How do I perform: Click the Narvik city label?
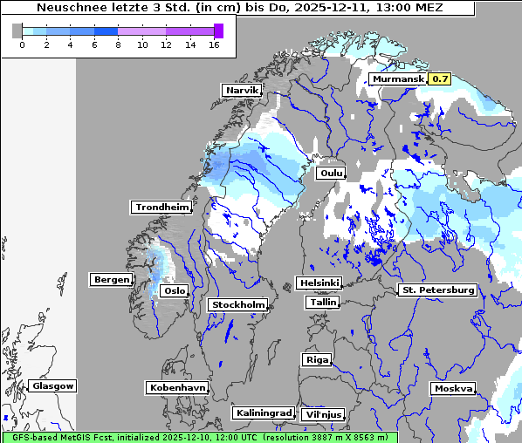[x=243, y=91]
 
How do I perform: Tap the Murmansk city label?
[x=398, y=79]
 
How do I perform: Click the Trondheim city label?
[x=161, y=207]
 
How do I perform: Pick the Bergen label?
[x=111, y=280]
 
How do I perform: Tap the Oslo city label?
[x=175, y=290]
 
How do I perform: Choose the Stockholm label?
[x=237, y=304]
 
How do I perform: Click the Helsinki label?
[x=319, y=283]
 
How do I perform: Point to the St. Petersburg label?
[x=436, y=290]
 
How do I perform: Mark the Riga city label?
[x=316, y=359]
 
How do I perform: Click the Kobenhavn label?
[x=177, y=387]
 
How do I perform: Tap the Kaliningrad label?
[x=263, y=412]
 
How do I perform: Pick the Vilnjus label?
[x=323, y=414]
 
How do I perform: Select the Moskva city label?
[x=453, y=388]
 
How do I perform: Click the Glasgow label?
[x=52, y=385]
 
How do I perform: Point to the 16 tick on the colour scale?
[x=214, y=44]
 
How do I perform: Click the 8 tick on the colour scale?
[x=118, y=44]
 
